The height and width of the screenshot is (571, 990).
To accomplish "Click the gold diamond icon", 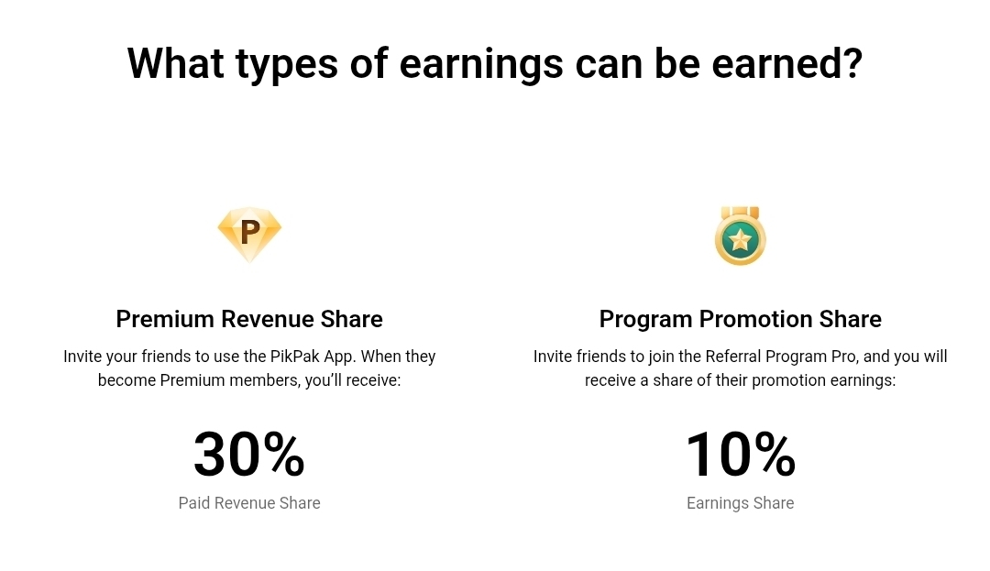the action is click(x=249, y=234).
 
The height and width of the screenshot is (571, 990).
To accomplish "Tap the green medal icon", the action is click(x=740, y=236).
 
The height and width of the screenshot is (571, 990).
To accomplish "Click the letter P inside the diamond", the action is click(x=250, y=232).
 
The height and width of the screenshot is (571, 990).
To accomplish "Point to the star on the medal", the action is click(x=740, y=240).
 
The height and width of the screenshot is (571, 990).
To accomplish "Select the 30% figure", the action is click(x=249, y=455).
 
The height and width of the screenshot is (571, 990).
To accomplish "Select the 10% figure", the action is click(x=740, y=455).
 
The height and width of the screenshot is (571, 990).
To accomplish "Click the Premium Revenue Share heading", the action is click(x=249, y=319).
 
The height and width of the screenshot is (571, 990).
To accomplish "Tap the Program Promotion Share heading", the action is click(x=740, y=319).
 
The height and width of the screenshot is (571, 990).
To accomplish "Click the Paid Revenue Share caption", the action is click(x=249, y=503).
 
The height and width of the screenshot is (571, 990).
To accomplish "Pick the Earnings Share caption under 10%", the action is click(x=740, y=503).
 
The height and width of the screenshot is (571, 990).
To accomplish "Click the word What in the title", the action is click(x=175, y=62).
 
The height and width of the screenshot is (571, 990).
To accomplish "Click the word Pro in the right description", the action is click(x=844, y=357).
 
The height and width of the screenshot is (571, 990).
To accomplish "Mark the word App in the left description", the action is click(x=340, y=357).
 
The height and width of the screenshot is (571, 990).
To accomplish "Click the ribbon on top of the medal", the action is click(x=740, y=213).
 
